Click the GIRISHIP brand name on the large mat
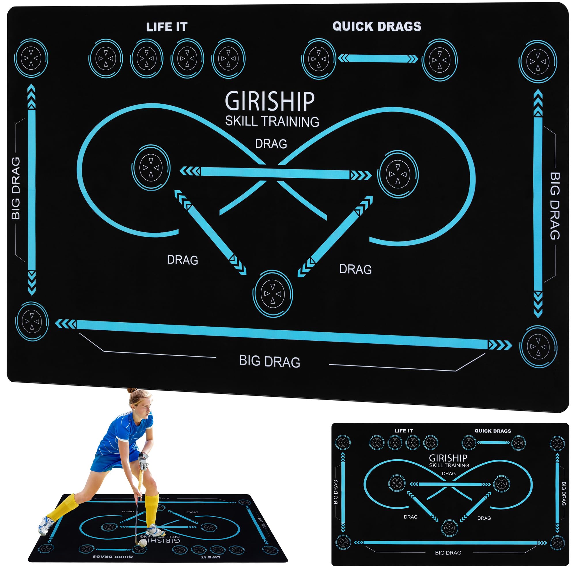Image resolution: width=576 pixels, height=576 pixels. [270, 101]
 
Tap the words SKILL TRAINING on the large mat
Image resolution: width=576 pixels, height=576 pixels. [272, 121]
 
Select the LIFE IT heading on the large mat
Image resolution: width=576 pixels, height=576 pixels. [167, 27]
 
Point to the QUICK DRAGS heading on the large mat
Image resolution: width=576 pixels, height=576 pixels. [376, 26]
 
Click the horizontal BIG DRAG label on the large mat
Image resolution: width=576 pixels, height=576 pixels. [270, 361]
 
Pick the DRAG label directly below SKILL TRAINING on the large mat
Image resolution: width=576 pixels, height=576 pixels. [271, 144]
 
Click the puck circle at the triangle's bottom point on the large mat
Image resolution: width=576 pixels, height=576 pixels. [272, 294]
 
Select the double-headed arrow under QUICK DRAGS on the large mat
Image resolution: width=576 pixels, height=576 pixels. [378, 58]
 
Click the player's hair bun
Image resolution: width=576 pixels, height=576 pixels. [132, 391]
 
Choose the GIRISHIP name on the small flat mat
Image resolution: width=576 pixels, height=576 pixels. [448, 458]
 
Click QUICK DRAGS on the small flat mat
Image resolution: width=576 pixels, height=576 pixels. [492, 431]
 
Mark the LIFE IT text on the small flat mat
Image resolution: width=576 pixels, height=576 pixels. [403, 431]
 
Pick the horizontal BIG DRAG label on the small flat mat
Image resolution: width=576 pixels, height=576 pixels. [448, 552]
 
